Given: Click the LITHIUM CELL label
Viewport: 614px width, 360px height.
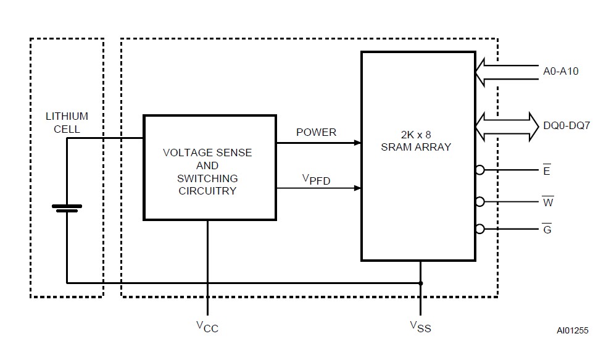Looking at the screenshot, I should coord(67,122).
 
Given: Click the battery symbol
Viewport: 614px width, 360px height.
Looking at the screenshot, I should coord(67,208).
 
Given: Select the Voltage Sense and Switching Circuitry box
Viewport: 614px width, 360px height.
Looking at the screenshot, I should coord(209,167).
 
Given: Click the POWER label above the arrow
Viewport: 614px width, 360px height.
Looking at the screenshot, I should coord(316,132).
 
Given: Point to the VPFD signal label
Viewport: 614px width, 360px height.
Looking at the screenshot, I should coord(316,180).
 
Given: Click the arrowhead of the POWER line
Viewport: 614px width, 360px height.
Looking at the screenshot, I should coord(357,143).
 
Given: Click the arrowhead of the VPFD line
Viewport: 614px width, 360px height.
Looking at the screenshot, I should coord(357,188).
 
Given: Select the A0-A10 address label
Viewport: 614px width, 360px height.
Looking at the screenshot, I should coord(560,71).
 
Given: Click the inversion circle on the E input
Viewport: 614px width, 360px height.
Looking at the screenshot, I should coord(479,170).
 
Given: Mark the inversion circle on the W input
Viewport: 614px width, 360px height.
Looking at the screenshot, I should coord(479,201).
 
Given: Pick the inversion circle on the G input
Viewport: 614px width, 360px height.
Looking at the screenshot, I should coord(479,229).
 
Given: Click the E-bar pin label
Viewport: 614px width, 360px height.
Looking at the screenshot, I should coord(547,170).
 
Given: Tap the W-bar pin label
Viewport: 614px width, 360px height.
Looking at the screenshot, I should coord(547,202).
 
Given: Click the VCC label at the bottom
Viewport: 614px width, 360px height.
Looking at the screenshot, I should coord(207,327).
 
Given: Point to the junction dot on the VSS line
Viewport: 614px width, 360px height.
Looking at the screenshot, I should coord(420,283).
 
